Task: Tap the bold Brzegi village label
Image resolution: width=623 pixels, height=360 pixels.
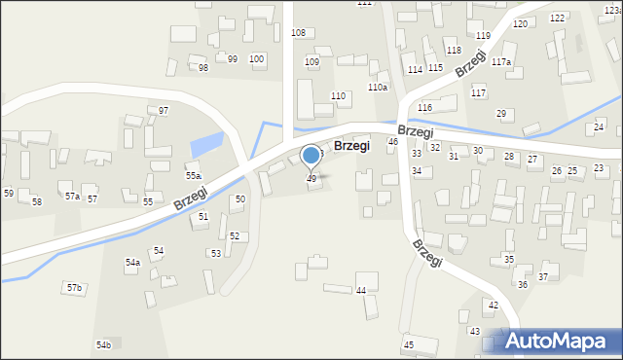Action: point(350,145)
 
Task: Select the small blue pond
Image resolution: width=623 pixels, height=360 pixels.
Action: point(205,146)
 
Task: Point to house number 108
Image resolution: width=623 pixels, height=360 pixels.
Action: point(298,33)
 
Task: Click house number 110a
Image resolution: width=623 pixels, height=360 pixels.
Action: point(378,88)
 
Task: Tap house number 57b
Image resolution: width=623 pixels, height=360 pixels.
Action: point(74,288)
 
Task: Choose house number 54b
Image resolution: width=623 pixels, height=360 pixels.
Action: point(103,345)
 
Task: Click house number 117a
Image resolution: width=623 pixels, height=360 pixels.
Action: point(501,62)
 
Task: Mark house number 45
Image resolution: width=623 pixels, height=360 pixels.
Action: point(408,345)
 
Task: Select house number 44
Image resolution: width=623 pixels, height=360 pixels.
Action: point(361,291)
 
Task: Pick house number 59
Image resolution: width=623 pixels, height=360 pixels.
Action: point(8,194)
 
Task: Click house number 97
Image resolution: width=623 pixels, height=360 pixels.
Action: point(164,111)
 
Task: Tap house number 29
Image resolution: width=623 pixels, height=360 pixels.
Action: point(501,114)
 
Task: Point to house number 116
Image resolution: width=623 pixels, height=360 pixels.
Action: point(424,107)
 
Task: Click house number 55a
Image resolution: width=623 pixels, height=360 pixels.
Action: point(194,176)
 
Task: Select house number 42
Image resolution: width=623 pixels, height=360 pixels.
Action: point(493,306)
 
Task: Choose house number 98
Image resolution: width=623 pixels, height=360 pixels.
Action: point(203,68)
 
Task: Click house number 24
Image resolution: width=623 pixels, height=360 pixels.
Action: point(599,127)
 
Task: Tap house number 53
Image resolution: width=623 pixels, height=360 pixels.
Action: point(215,254)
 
